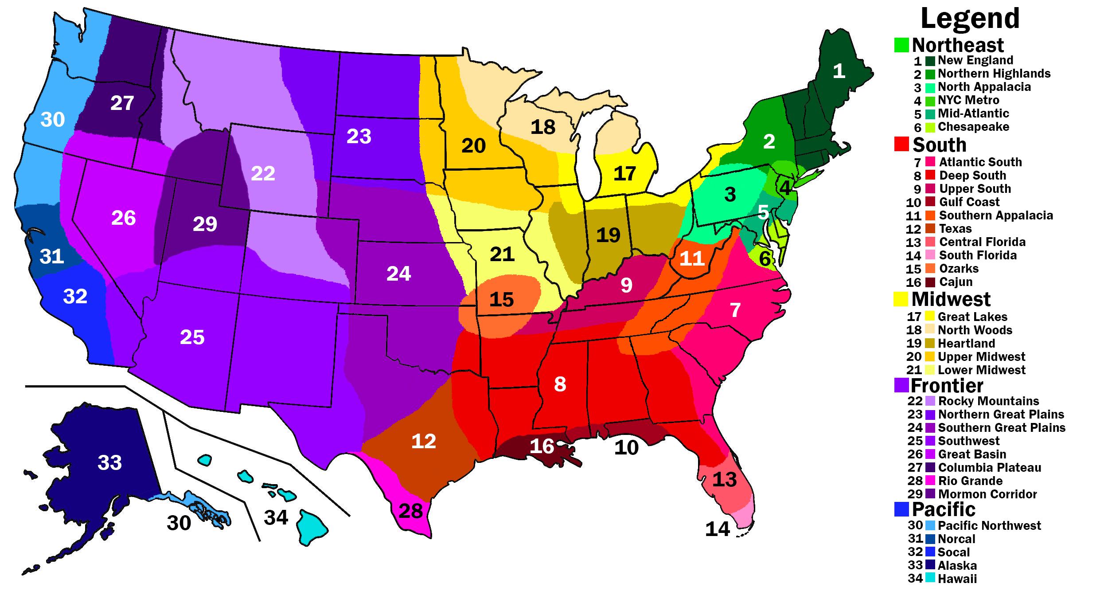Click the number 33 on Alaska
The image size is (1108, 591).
click(x=109, y=463)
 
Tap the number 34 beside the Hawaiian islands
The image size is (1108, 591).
click(x=276, y=517)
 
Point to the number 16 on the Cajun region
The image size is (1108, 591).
click(x=542, y=446)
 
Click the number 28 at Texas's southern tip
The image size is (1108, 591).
click(x=410, y=511)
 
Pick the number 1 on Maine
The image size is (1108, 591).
click(x=839, y=71)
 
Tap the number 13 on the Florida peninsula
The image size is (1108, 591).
click(x=725, y=479)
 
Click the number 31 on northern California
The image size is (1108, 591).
click(x=52, y=256)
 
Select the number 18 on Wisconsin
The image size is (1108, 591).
click(x=543, y=127)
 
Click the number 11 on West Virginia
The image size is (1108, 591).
click(x=692, y=258)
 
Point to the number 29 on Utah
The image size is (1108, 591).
click(x=205, y=224)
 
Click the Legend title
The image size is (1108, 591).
click(x=970, y=19)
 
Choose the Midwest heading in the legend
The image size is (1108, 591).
click(x=951, y=299)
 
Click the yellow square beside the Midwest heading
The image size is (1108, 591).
click(x=901, y=299)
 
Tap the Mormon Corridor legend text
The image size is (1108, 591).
click(x=987, y=494)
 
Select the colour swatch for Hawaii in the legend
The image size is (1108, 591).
click(x=930, y=578)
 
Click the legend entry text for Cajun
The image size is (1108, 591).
click(x=956, y=282)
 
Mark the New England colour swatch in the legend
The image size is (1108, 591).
click(x=930, y=61)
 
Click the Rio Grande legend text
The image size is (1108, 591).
click(x=970, y=481)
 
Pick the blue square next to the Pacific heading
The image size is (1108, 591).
click(x=901, y=509)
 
